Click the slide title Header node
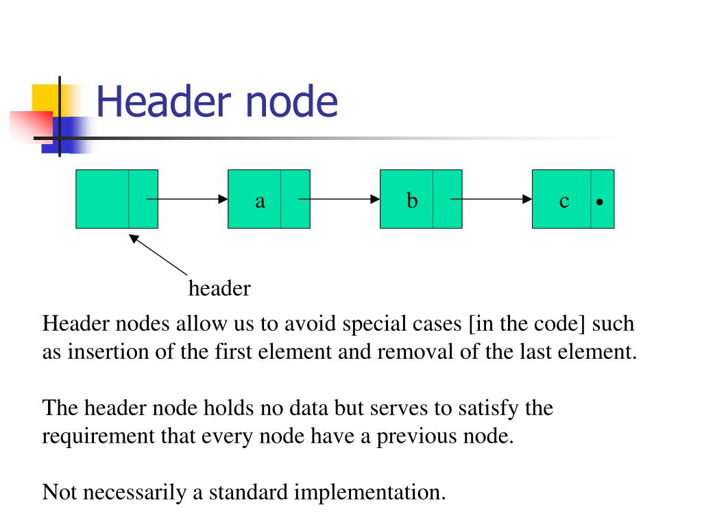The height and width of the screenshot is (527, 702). click(217, 102)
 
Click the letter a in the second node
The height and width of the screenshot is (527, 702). click(260, 200)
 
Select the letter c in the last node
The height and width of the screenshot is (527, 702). click(564, 200)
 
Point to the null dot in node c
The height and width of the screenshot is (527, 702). click(600, 203)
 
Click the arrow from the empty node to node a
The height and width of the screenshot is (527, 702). click(186, 199)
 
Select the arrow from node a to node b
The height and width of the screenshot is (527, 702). click(339, 199)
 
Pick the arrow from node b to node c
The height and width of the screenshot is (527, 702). click(491, 199)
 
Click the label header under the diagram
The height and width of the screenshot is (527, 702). click(219, 289)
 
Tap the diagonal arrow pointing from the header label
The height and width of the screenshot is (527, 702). click(159, 255)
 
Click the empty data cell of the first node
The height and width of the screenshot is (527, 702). click(102, 199)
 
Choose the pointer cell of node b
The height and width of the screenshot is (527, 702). click(447, 199)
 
